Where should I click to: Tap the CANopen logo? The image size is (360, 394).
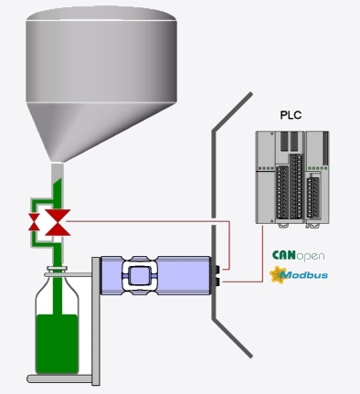click(x=299, y=255)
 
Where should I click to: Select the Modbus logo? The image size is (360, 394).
click(x=299, y=273)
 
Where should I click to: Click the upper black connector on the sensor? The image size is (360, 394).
click(x=217, y=270)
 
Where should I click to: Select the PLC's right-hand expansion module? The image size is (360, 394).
click(x=317, y=178)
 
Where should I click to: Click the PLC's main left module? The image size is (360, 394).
click(x=280, y=178)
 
